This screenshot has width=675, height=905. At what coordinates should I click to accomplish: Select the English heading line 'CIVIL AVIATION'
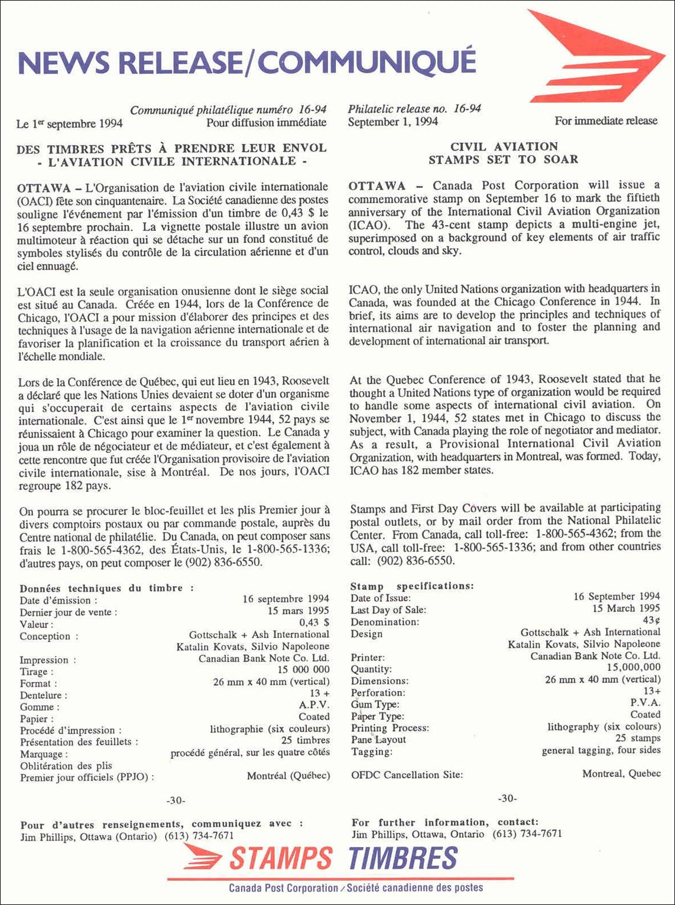[504, 147]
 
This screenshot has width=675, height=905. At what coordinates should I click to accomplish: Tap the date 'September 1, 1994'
[392, 122]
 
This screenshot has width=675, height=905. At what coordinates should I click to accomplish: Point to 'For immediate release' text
[605, 121]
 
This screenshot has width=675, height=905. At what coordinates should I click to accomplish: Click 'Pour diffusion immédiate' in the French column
[266, 123]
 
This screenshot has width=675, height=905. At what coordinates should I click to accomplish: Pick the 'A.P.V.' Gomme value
[314, 705]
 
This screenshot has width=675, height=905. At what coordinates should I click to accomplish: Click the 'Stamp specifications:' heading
[412, 586]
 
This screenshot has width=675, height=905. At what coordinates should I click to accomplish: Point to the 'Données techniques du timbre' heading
[106, 588]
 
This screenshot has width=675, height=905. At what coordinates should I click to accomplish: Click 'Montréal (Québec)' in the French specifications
[288, 776]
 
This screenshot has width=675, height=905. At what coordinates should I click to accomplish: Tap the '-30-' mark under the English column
[507, 799]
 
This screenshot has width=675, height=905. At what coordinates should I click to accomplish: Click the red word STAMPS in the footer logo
[280, 858]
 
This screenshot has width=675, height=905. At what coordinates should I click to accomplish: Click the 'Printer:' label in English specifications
[368, 657]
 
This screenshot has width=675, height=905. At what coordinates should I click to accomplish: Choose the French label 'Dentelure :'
[44, 695]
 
